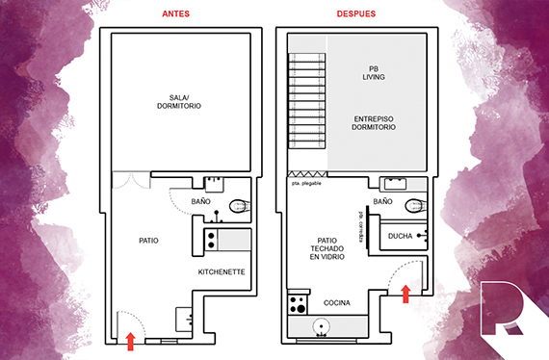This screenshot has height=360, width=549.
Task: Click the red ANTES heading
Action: (x=175, y=14)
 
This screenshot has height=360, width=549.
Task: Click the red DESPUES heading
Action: (x=356, y=14)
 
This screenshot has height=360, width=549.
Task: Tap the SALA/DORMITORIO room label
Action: (x=179, y=102)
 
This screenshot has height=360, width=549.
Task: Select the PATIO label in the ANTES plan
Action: (x=148, y=241)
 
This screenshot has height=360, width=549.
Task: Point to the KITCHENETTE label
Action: (x=222, y=271)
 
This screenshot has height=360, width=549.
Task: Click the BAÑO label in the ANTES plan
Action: (x=200, y=201)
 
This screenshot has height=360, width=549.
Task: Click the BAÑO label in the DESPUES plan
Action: (x=382, y=201)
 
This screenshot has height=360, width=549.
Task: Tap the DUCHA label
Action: (x=401, y=236)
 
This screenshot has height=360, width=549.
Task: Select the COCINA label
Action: (x=337, y=302)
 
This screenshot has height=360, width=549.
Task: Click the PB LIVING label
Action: (x=374, y=73)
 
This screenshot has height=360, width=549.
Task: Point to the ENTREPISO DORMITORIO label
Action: (x=374, y=123)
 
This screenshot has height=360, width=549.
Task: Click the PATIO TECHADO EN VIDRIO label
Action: (x=327, y=248)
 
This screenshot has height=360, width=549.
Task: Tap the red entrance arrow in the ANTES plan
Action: (x=131, y=341)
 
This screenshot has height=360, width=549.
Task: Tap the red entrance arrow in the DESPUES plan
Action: (x=405, y=294)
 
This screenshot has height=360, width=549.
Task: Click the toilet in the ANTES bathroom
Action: (x=240, y=206)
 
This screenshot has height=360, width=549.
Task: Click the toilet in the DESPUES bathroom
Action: (x=415, y=206)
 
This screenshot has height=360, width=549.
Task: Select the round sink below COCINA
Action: (x=321, y=326)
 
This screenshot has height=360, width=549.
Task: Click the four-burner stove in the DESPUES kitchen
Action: (x=298, y=304)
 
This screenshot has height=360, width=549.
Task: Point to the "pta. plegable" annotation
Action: (x=306, y=183)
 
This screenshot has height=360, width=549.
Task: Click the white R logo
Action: (x=502, y=308)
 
